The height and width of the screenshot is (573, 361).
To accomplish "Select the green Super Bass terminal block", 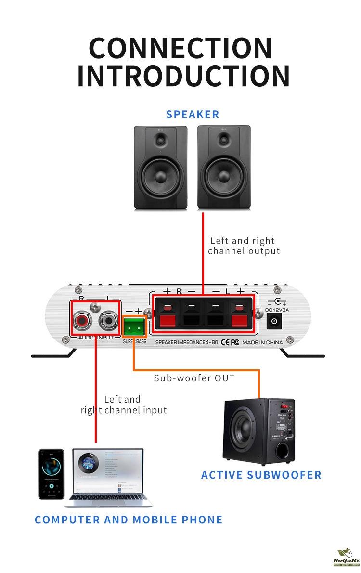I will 135,328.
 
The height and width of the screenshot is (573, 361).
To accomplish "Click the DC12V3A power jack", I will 274,321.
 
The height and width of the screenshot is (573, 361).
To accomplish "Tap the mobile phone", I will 51,474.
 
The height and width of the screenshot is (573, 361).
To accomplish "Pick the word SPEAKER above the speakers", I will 193,115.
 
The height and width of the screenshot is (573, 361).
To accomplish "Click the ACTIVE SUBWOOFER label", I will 261,475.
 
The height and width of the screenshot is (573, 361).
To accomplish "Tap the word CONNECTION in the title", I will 180,48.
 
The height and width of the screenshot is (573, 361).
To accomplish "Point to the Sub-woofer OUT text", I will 194,378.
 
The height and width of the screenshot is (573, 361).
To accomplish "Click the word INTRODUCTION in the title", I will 183,76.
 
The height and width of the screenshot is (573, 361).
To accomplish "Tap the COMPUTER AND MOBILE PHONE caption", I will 129,520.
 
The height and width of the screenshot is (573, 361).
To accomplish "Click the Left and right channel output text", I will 244,246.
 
